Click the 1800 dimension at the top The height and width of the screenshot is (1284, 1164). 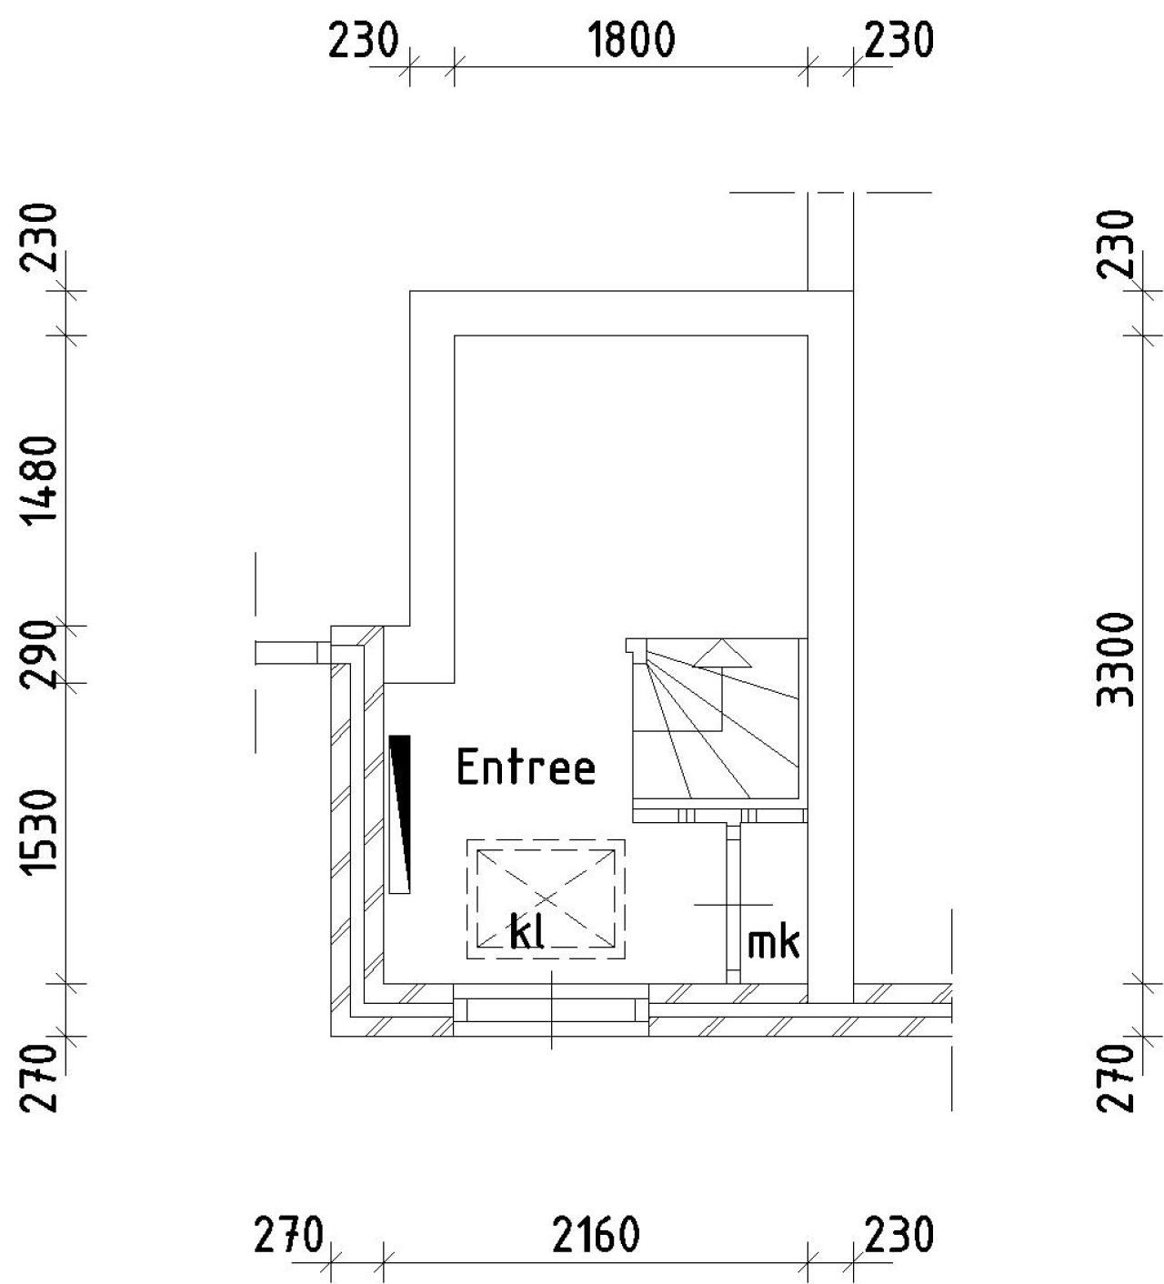pyautogui.click(x=631, y=40)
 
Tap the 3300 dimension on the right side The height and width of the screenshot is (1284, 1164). pyautogui.click(x=1115, y=659)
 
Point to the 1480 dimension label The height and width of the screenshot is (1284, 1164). pyautogui.click(x=40, y=481)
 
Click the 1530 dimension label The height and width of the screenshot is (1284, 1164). pyautogui.click(x=40, y=833)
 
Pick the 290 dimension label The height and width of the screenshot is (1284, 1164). pyautogui.click(x=40, y=654)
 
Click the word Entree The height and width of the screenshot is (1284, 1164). pyautogui.click(x=527, y=767)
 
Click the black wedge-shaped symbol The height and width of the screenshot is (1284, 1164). pyautogui.click(x=399, y=813)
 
